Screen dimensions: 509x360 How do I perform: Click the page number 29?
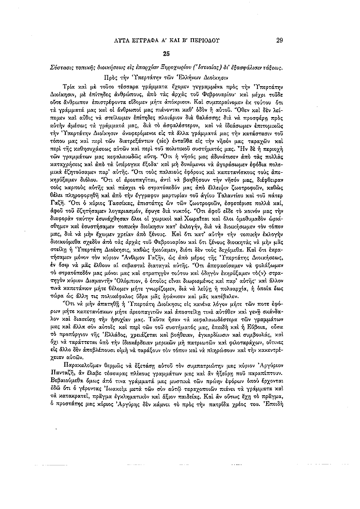[279, 41]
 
